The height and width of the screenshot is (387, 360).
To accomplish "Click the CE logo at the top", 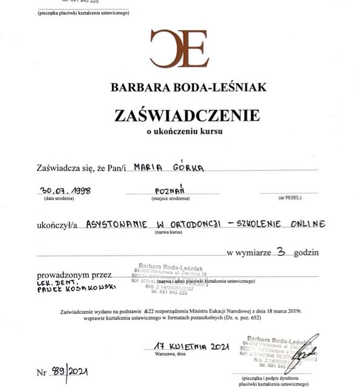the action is [x=179, y=48].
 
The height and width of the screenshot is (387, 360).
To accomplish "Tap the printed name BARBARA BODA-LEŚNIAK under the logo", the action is [x=188, y=87].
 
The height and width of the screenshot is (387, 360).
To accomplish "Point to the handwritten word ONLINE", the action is [x=305, y=223].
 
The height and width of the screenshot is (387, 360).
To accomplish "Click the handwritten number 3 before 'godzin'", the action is [x=280, y=253].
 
